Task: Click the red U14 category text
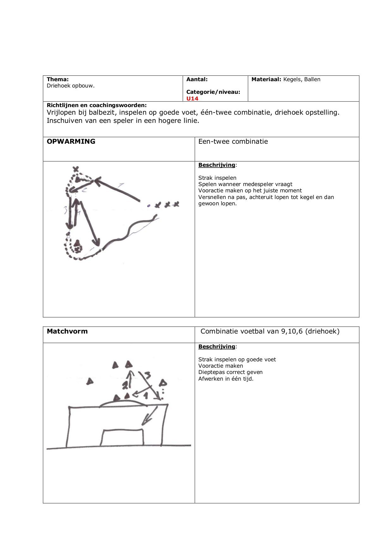click(192, 99)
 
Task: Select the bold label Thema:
click(57, 79)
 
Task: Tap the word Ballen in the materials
click(312, 79)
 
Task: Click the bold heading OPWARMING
click(71, 142)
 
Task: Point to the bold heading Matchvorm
click(67, 331)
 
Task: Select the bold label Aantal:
click(197, 79)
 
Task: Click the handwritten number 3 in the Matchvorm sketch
click(148, 375)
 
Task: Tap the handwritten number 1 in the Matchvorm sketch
click(146, 395)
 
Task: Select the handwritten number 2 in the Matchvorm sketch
click(125, 385)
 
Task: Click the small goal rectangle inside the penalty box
click(122, 437)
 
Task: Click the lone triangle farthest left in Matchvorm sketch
click(90, 382)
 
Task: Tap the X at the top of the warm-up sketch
click(75, 169)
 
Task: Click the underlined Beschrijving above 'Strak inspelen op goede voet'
click(217, 346)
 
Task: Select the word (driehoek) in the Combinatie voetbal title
click(322, 331)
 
